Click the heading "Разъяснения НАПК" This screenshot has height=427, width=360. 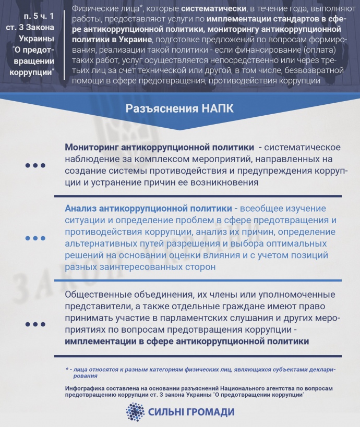(x=179, y=109)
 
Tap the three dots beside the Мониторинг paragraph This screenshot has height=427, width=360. (x=35, y=165)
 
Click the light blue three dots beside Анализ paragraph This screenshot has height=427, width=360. (x=35, y=238)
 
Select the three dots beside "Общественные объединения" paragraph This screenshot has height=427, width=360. (x=35, y=324)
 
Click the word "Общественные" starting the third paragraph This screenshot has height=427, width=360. (x=100, y=295)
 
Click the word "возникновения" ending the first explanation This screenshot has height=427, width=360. (x=225, y=182)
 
